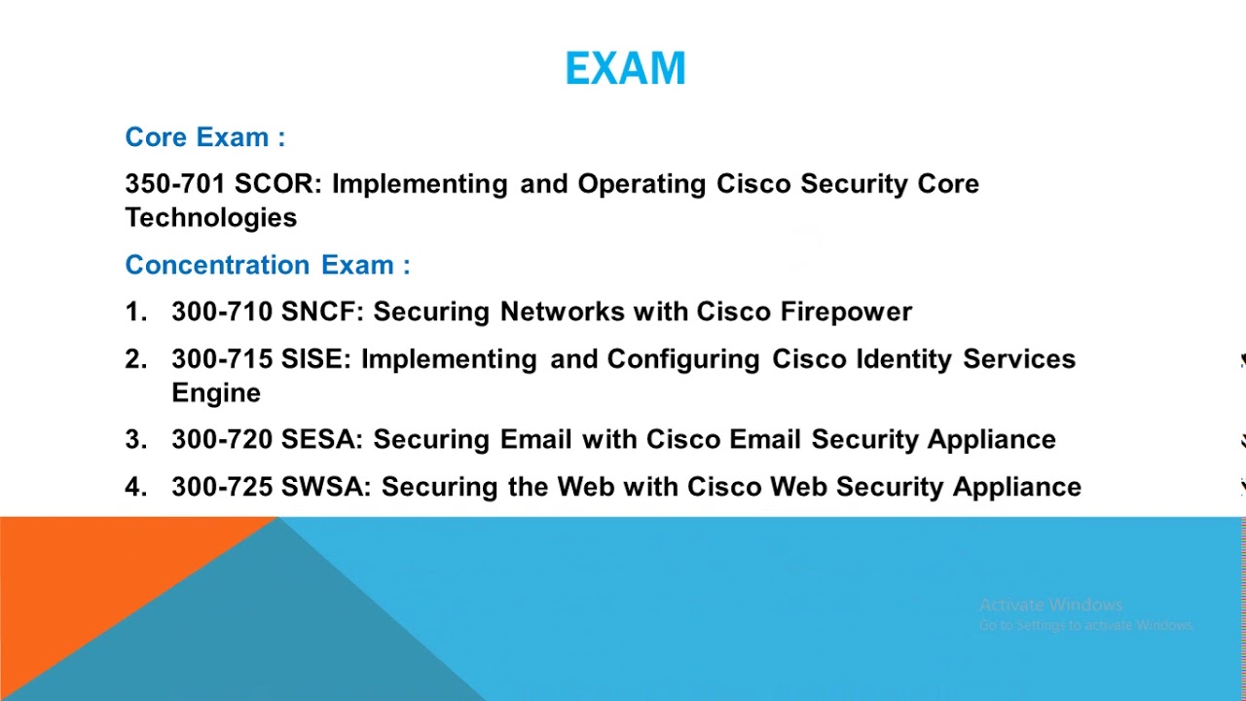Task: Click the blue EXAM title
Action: pyautogui.click(x=625, y=68)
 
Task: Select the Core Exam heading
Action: pyautogui.click(x=205, y=137)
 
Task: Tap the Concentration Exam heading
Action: pyautogui.click(x=268, y=265)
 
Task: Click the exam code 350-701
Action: pyautogui.click(x=175, y=184)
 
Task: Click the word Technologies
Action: pyautogui.click(x=211, y=218)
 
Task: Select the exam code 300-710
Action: pyautogui.click(x=222, y=312)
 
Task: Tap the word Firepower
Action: pyautogui.click(x=846, y=313)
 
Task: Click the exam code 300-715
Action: pyautogui.click(x=222, y=359)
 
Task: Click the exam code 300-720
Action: pyautogui.click(x=222, y=439)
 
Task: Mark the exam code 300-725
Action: pyautogui.click(x=222, y=487)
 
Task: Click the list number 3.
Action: pyautogui.click(x=136, y=439)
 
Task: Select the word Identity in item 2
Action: pyautogui.click(x=904, y=360)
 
